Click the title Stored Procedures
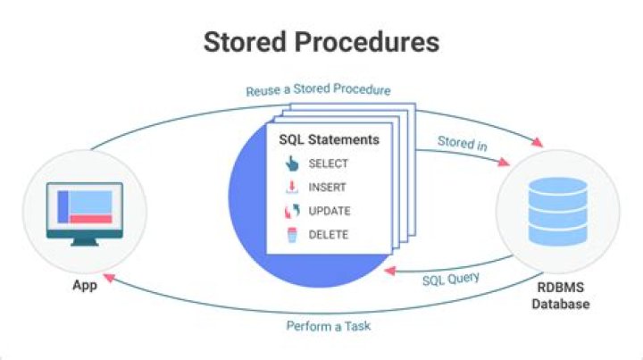click(321, 41)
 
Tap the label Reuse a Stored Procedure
click(318, 90)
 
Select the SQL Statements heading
click(329, 140)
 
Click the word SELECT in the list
click(328, 164)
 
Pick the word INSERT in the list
click(327, 188)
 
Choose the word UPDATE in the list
click(329, 212)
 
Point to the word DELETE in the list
click(328, 235)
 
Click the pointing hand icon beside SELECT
click(291, 164)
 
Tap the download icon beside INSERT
click(291, 188)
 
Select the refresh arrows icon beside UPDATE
click(291, 212)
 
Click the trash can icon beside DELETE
click(291, 235)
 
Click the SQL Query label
click(450, 279)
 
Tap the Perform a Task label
click(329, 325)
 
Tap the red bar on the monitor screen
click(91, 219)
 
